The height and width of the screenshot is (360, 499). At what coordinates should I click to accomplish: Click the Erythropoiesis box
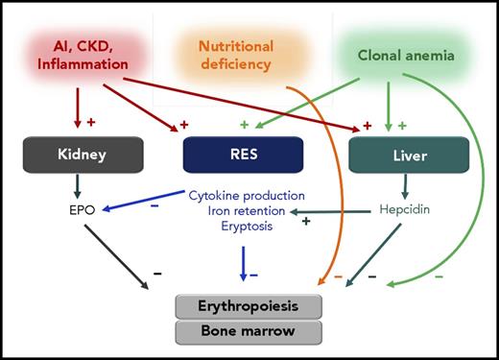point(249,307)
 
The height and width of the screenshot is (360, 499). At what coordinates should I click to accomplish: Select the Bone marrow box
point(249,332)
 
